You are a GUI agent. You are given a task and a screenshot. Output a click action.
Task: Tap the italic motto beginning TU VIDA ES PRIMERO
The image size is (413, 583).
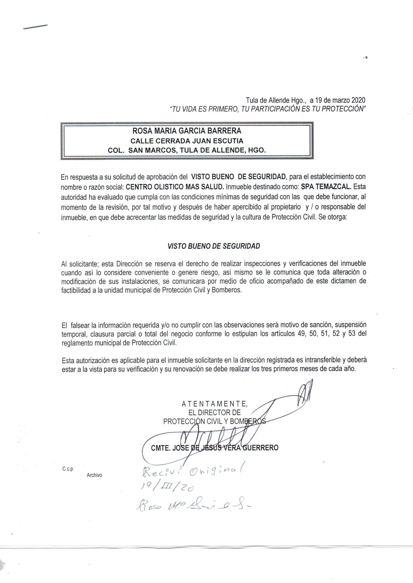(x=267, y=109)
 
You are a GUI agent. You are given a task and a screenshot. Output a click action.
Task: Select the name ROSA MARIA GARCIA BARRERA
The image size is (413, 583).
(x=187, y=131)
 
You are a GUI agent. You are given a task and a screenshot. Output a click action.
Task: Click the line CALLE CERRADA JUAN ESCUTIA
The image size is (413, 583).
(x=187, y=141)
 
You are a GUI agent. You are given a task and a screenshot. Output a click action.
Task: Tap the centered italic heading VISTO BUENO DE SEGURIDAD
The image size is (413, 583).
(x=214, y=246)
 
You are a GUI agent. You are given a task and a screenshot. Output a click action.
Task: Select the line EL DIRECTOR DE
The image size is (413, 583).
(x=215, y=413)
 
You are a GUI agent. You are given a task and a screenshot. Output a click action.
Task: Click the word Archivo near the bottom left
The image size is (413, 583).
(x=94, y=475)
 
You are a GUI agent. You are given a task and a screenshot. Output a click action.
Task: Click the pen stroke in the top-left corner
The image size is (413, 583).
(x=35, y=27)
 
